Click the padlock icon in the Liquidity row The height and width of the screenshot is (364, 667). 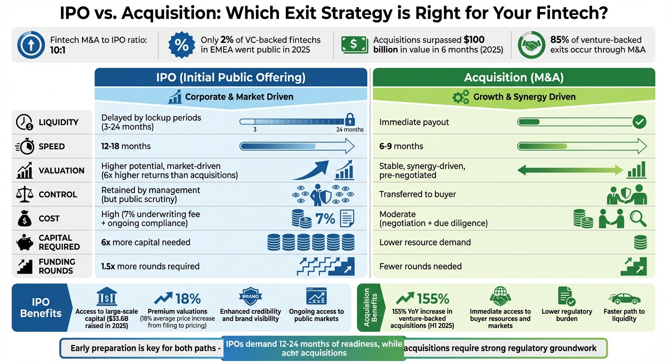(x=350, y=118)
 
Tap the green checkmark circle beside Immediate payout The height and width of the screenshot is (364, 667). (x=639, y=122)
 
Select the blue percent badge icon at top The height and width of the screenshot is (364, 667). (x=181, y=45)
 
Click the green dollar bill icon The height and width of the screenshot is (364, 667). (x=355, y=45)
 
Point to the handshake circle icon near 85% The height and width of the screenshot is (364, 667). (x=531, y=45)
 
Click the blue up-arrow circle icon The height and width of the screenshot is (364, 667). (x=31, y=45)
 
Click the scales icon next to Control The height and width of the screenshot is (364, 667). (x=24, y=194)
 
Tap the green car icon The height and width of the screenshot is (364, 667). (x=624, y=299)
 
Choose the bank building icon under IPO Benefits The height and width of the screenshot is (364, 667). (x=107, y=297)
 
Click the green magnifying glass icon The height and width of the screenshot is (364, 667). (x=638, y=218)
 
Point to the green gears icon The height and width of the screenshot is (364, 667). (x=461, y=97)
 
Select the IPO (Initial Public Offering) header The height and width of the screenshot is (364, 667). (x=231, y=77)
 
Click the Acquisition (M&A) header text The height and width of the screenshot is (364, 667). (x=514, y=77)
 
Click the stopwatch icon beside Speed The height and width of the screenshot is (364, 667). (x=24, y=146)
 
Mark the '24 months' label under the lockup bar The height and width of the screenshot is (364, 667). (x=350, y=129)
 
